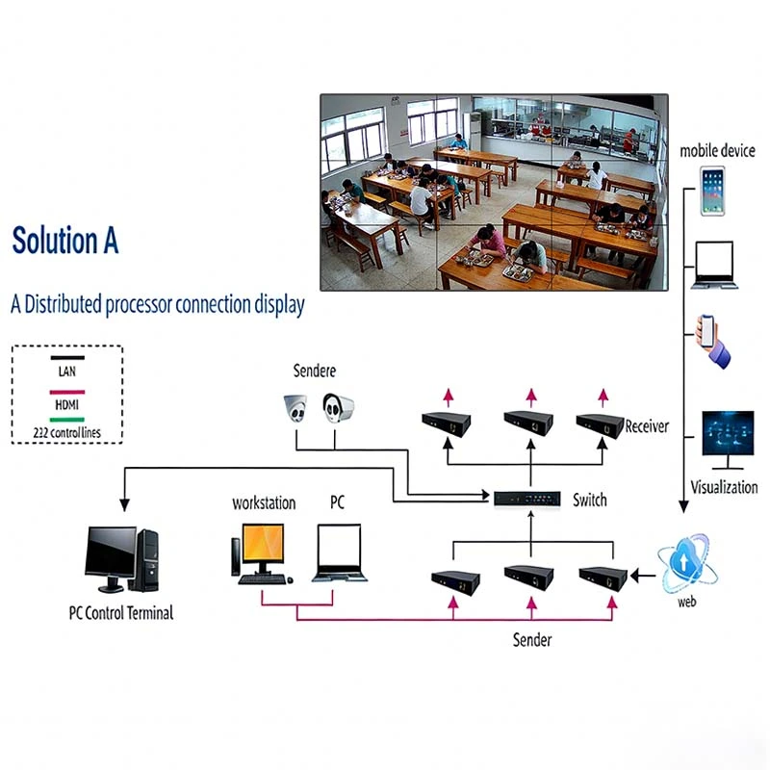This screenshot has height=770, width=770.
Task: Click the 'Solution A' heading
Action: (x=65, y=242)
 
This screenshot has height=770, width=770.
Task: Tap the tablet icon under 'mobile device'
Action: (x=712, y=191)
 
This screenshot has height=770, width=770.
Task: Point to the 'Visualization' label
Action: (x=725, y=487)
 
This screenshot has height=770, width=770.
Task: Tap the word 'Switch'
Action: (x=590, y=500)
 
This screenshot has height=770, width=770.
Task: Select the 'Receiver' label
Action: (x=647, y=426)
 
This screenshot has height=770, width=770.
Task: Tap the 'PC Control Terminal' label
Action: (x=121, y=612)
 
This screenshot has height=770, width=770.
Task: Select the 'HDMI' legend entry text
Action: (x=66, y=405)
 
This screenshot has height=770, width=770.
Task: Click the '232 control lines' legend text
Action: (x=66, y=431)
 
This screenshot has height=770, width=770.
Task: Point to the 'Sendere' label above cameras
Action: (x=315, y=372)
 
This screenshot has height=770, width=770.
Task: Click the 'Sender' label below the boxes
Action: (x=532, y=640)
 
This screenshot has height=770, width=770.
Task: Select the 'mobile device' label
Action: (x=717, y=151)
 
